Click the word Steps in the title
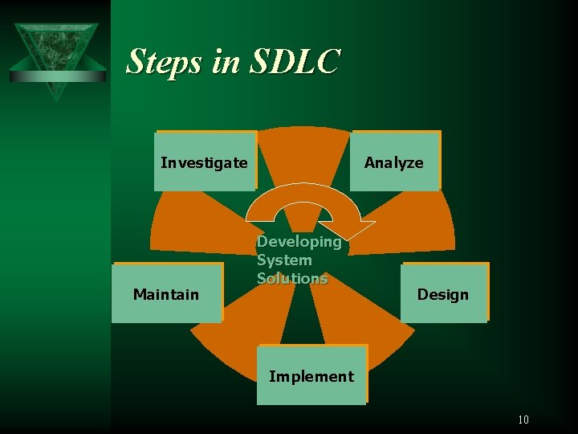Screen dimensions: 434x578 (165, 62)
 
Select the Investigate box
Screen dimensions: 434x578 (205, 162)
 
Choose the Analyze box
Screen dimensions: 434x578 (394, 162)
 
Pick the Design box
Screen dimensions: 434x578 (443, 293)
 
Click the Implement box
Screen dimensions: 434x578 (311, 375)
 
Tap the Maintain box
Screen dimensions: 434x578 (166, 293)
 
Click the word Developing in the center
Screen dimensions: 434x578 (299, 241)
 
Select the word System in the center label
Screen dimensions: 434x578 (284, 260)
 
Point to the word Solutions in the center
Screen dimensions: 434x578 (292, 278)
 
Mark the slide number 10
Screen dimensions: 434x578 (523, 419)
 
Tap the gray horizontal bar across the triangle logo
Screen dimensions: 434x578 (57, 76)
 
